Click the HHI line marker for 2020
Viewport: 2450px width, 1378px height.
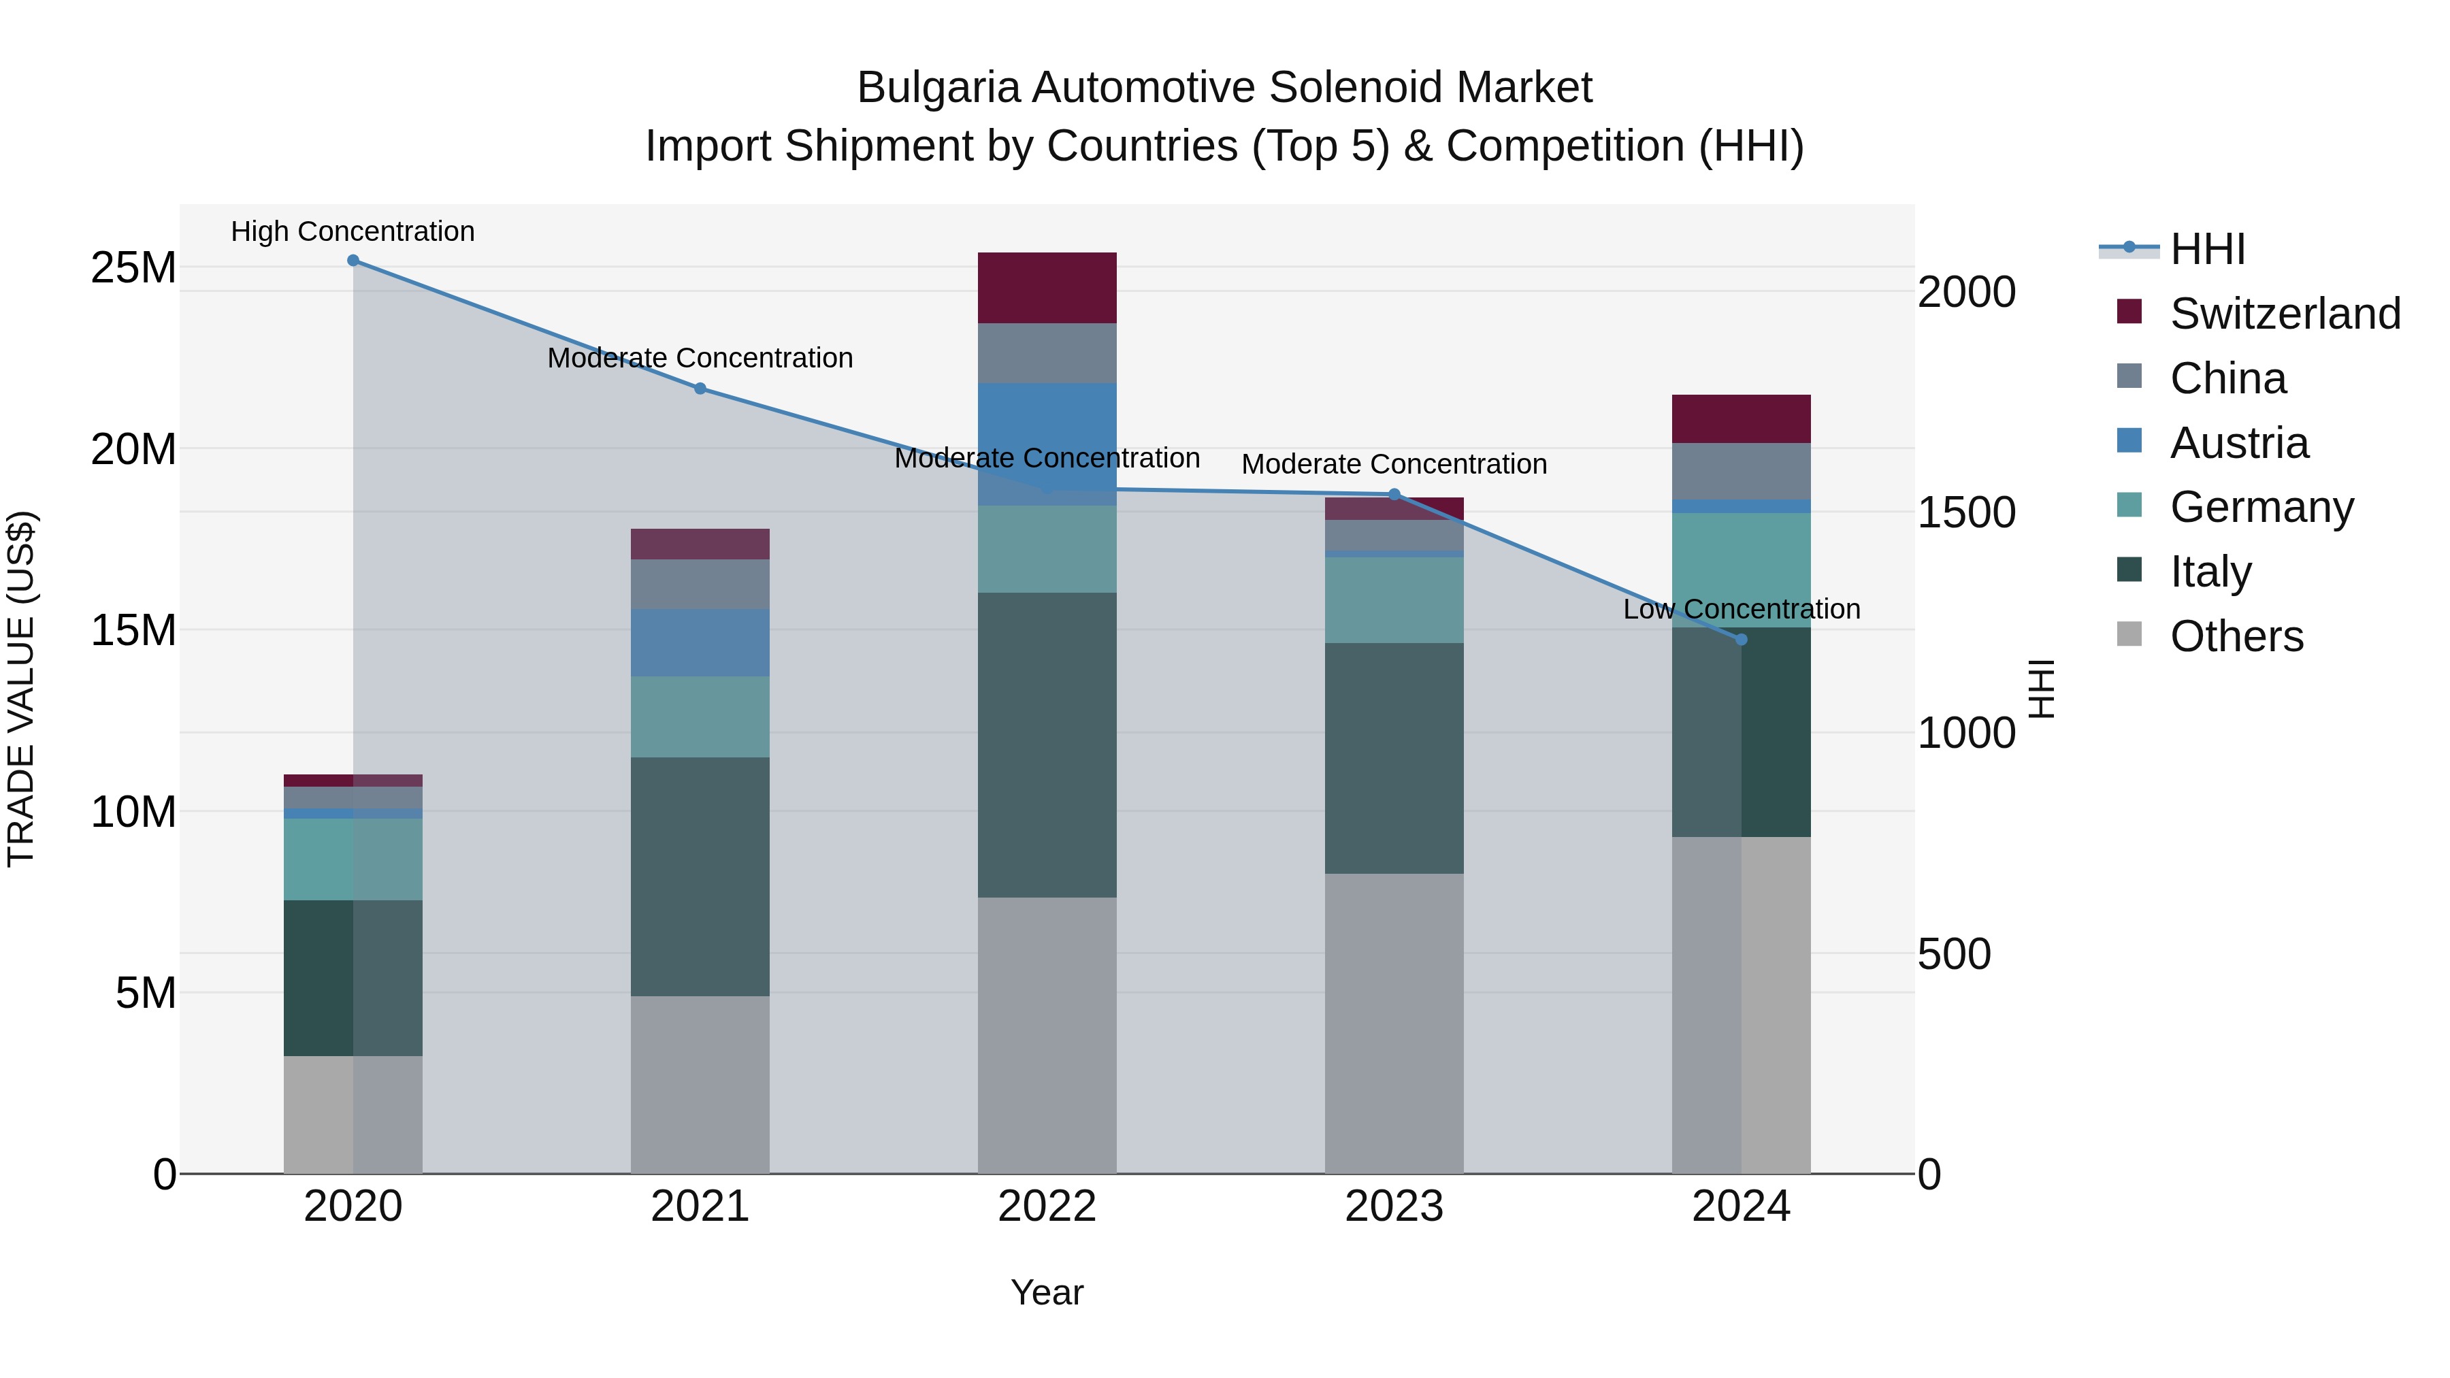(353, 261)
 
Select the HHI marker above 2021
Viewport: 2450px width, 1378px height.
(700, 388)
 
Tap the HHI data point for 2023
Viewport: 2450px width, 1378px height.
(1394, 495)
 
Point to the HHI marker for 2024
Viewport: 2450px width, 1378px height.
(1742, 640)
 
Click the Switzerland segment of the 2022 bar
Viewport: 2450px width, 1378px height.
(1047, 287)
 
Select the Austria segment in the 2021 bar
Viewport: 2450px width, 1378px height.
(700, 643)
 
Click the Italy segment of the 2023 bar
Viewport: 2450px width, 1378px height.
(1394, 758)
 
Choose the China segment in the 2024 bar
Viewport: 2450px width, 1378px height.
(1742, 471)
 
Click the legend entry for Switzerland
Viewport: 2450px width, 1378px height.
(2285, 314)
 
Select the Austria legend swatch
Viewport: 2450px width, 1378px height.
(2129, 441)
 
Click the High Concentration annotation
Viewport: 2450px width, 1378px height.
(353, 231)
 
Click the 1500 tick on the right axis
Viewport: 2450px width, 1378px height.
(1966, 512)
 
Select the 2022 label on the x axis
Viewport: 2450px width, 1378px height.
(1047, 1207)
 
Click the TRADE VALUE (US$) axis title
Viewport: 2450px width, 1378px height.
(21, 689)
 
